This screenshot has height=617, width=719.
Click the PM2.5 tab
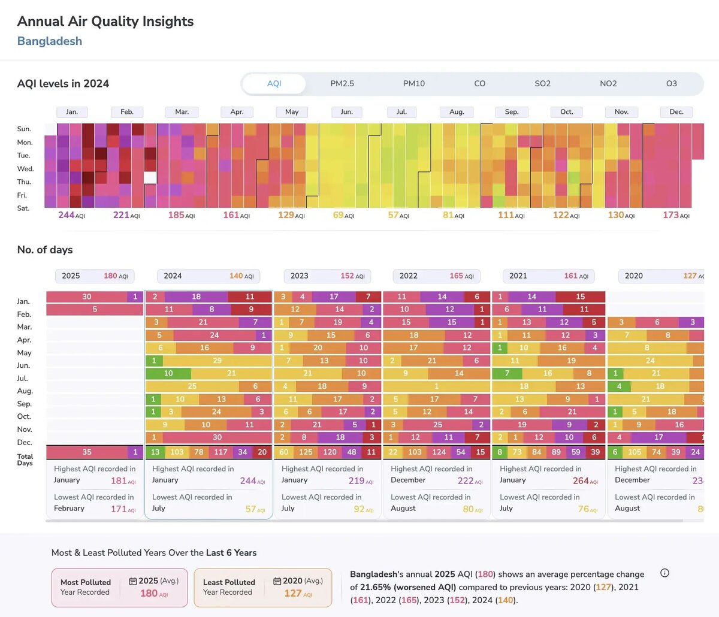click(x=342, y=84)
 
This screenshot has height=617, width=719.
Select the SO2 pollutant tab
click(x=542, y=84)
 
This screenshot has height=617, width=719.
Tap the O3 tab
click(x=671, y=84)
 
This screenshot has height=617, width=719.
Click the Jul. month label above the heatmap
click(x=401, y=112)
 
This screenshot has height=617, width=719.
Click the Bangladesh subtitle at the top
click(x=50, y=41)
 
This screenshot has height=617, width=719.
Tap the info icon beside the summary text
click(x=664, y=573)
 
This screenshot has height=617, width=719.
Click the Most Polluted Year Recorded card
click(x=119, y=588)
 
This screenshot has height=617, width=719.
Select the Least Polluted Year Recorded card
click(x=262, y=588)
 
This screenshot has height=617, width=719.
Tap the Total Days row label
click(x=25, y=459)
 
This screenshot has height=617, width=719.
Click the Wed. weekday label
click(x=25, y=169)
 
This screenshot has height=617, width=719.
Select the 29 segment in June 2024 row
click(x=217, y=361)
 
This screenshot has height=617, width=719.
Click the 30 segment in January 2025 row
click(x=87, y=297)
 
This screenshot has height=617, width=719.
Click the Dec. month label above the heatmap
click(x=676, y=112)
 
